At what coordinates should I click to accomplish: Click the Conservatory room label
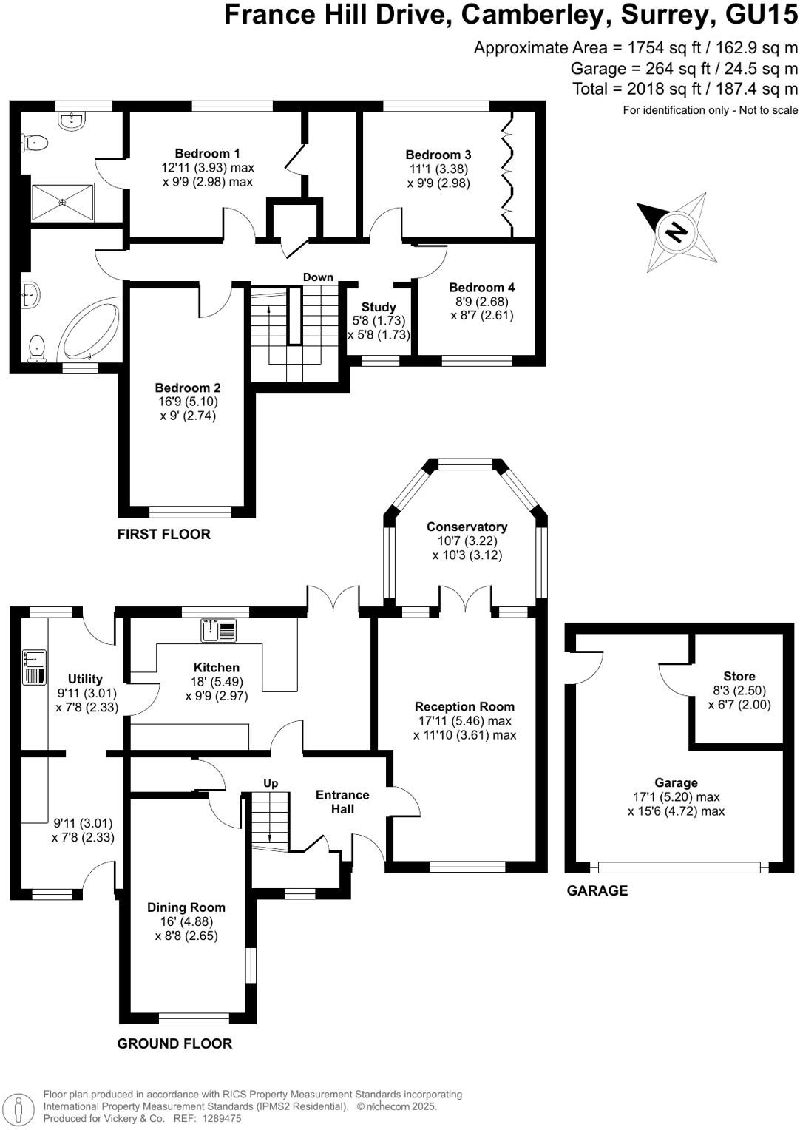[467, 527]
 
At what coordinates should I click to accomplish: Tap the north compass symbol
[676, 232]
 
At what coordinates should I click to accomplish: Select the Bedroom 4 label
[481, 287]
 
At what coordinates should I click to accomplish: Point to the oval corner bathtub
[89, 330]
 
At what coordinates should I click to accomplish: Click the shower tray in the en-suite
[63, 202]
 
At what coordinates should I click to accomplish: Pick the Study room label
[379, 307]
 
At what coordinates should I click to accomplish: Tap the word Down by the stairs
[318, 277]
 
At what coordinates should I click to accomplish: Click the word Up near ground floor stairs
[271, 783]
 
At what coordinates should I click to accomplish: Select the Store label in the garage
[739, 676]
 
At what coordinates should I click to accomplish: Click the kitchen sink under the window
[218, 631]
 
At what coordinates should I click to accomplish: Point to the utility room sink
[35, 658]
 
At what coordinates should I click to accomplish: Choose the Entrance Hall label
[342, 802]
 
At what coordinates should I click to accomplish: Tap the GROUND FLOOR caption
[174, 1043]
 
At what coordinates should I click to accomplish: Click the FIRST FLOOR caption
[163, 534]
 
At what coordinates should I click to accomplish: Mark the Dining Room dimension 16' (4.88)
[186, 921]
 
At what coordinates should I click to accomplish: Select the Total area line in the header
[685, 89]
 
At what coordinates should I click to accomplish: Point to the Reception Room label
[464, 706]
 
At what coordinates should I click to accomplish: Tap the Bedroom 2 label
[188, 388]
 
